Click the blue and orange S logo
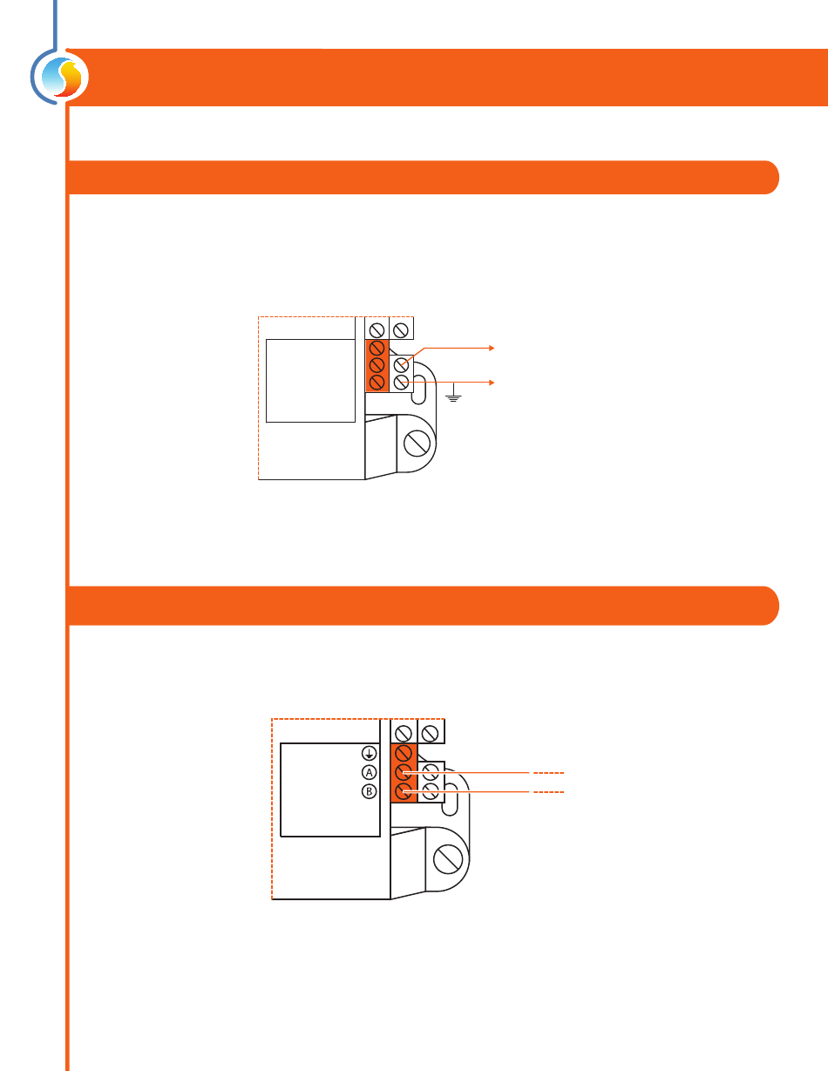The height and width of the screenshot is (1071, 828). click(x=62, y=77)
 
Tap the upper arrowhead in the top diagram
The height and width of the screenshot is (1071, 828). click(x=492, y=348)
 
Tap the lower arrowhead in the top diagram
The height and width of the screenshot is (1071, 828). click(x=492, y=383)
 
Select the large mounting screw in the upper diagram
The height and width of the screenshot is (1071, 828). click(x=417, y=443)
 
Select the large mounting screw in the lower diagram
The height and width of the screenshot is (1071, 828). click(x=448, y=859)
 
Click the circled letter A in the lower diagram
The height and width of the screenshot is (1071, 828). click(x=370, y=772)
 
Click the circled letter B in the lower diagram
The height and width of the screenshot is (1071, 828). click(x=370, y=791)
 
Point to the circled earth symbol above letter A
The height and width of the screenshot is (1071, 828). click(x=370, y=753)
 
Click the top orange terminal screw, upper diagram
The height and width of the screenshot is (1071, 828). click(x=377, y=348)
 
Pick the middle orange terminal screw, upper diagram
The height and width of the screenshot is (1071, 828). click(x=377, y=365)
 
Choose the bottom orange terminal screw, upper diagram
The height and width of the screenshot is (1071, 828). click(x=377, y=383)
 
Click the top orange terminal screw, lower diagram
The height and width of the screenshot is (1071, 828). click(x=404, y=753)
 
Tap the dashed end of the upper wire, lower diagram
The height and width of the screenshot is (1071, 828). click(x=548, y=773)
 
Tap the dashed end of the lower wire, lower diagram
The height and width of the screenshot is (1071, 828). click(x=548, y=792)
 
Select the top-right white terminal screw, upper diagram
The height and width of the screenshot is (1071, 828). click(x=401, y=330)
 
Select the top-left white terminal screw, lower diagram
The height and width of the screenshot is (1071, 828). click(x=404, y=734)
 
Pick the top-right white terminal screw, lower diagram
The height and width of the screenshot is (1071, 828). click(x=431, y=734)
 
